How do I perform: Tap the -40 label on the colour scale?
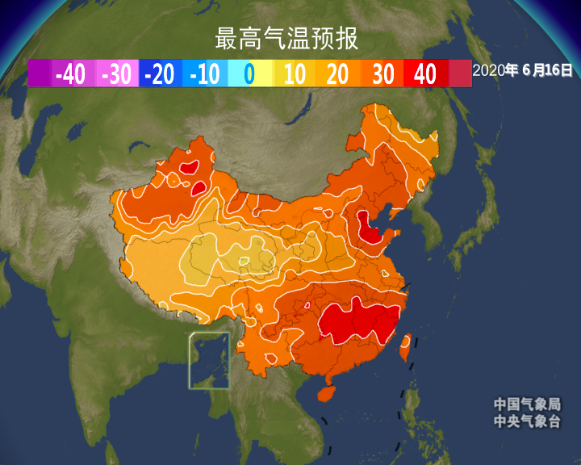[x=70, y=74]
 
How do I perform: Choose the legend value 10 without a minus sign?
[x=295, y=74]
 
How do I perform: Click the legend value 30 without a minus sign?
[x=382, y=74]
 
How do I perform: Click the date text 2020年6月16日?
[x=522, y=70]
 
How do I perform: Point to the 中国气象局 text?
[x=527, y=404]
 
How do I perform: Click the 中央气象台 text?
[x=527, y=421]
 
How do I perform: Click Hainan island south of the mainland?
[x=325, y=393]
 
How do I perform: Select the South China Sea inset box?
[x=209, y=360]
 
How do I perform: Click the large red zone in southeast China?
[x=359, y=321]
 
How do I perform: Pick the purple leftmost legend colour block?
[x=40, y=73]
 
